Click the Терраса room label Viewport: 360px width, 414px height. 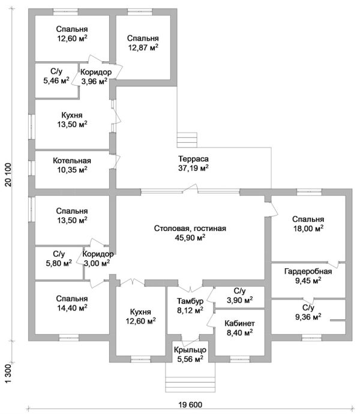click(x=193, y=159)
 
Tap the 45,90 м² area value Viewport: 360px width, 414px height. click(x=190, y=238)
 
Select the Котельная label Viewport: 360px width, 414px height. click(x=72, y=161)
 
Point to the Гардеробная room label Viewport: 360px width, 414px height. click(x=308, y=272)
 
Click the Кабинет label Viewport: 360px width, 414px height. click(x=239, y=323)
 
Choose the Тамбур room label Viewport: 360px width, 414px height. click(x=190, y=301)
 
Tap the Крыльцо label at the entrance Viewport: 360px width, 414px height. click(x=190, y=350)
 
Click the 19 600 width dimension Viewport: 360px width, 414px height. click(x=190, y=405)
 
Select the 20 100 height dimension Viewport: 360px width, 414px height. click(x=8, y=175)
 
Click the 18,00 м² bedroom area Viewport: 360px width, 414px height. click(x=308, y=229)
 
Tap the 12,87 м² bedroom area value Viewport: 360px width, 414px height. click(x=143, y=47)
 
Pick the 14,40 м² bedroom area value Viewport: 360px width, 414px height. click(x=72, y=308)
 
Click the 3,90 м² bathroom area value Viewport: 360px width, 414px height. click(x=239, y=300)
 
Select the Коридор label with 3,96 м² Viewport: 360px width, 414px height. click(x=96, y=72)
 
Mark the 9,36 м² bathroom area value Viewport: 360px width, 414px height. click(x=308, y=317)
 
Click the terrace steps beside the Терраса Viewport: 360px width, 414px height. click(x=187, y=140)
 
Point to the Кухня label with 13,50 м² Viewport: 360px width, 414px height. click(x=72, y=115)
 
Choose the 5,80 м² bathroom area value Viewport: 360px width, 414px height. click(x=59, y=263)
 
